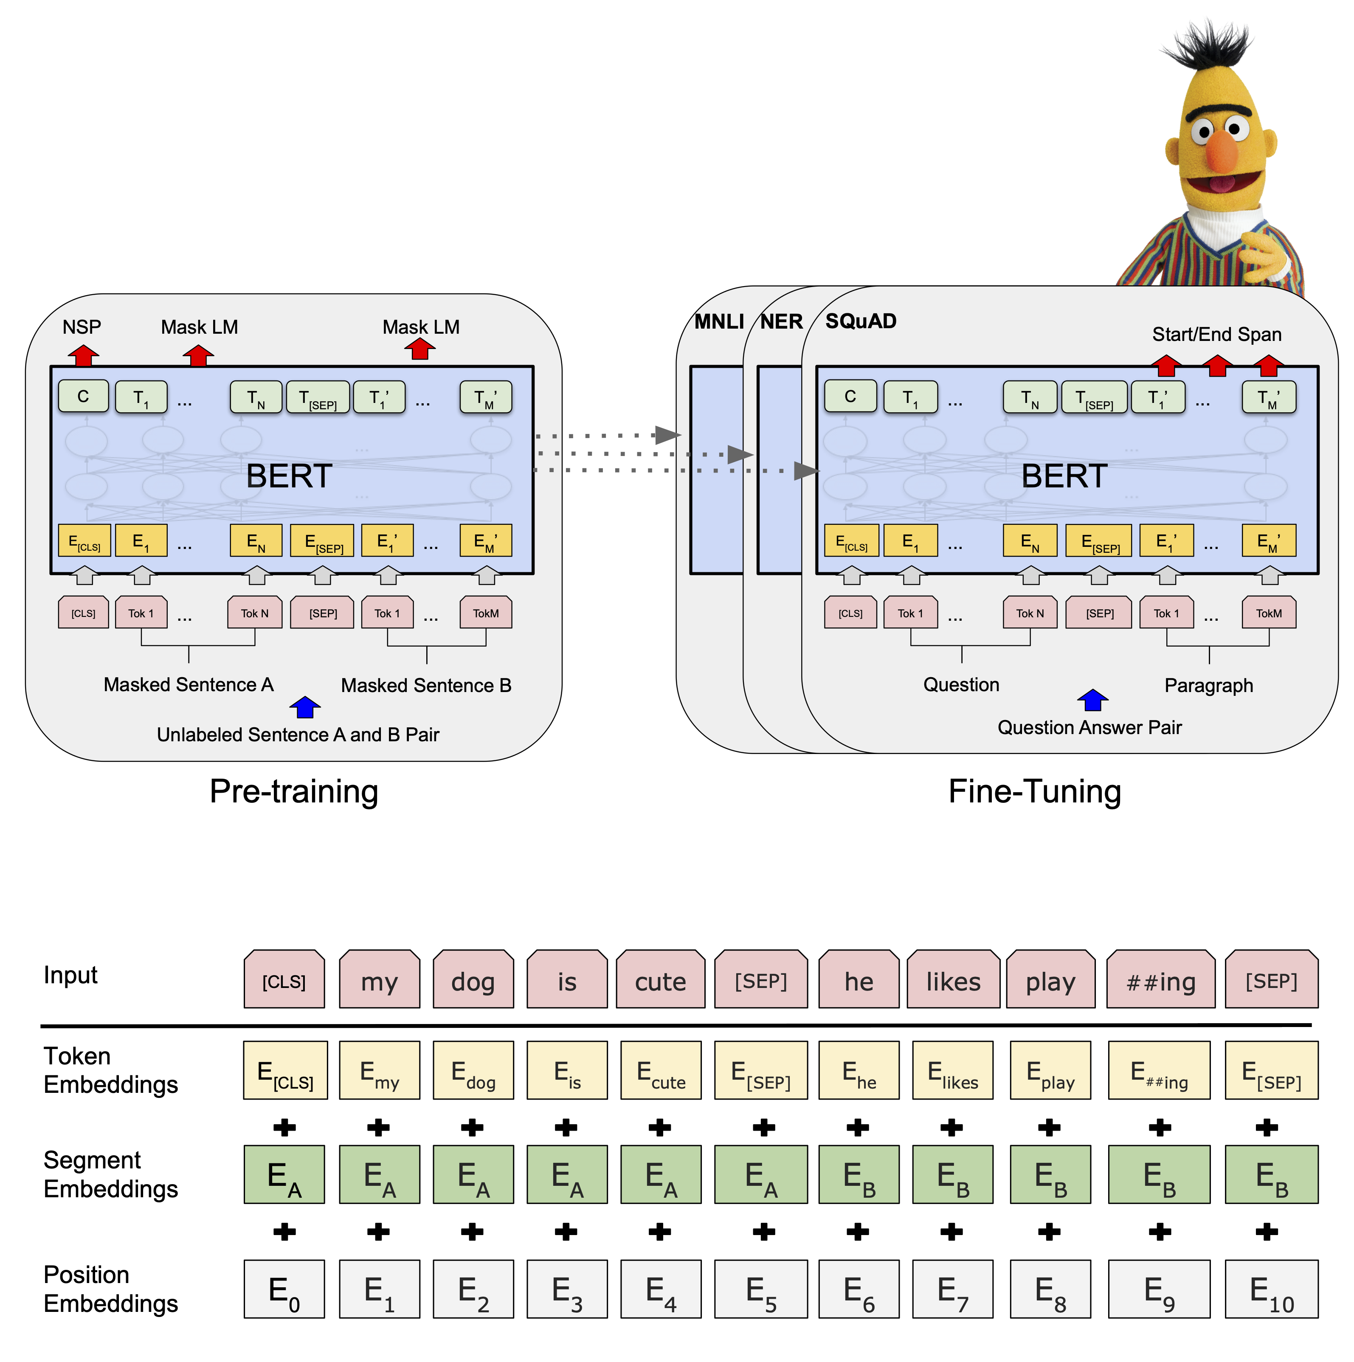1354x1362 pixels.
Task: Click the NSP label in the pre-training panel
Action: pos(82,327)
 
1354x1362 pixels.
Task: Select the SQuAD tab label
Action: pos(861,321)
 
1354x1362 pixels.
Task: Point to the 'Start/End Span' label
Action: pos(1216,334)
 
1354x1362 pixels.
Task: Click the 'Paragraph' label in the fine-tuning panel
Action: pos(1208,685)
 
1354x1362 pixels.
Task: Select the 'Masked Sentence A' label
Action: pos(188,684)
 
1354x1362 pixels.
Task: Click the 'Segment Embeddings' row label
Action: pos(111,1174)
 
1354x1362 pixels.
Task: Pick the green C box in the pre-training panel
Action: pos(83,396)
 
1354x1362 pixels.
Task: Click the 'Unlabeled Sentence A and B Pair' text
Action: pos(298,734)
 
